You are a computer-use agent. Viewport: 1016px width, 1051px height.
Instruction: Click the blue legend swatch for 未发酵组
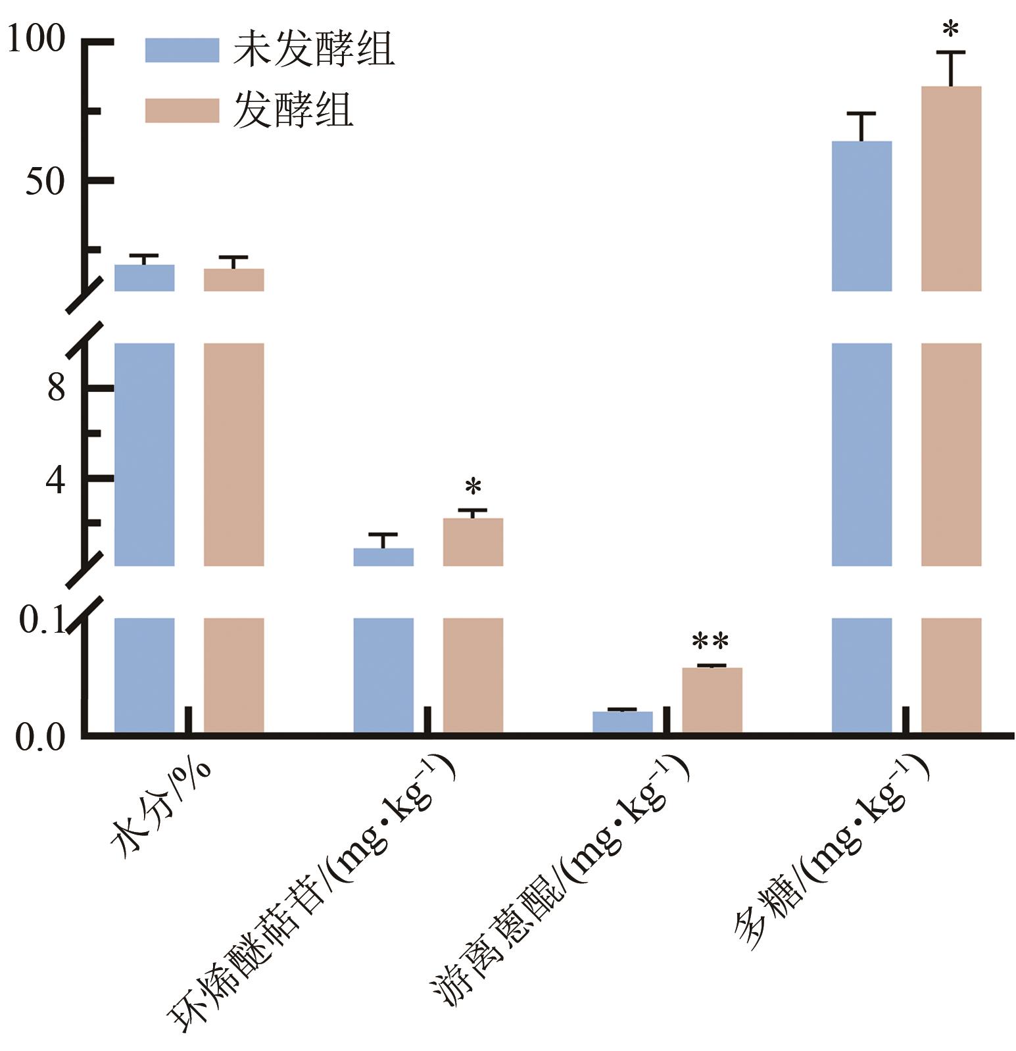[x=181, y=50]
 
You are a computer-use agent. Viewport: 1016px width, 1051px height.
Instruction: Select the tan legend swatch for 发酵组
[x=181, y=110]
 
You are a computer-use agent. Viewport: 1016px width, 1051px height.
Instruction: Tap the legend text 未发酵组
[x=314, y=50]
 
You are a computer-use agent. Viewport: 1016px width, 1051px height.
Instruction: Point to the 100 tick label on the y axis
[x=36, y=39]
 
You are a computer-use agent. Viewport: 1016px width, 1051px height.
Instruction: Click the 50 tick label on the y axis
[x=45, y=182]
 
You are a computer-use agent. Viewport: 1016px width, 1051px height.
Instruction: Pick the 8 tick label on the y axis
[x=56, y=387]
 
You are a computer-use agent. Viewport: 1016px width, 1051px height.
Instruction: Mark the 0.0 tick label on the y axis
[x=40, y=737]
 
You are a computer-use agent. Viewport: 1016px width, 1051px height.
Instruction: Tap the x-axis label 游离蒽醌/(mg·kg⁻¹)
[x=559, y=881]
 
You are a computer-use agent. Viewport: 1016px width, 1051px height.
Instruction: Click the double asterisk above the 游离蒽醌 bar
[x=711, y=641]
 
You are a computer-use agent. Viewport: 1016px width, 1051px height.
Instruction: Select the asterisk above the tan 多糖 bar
[x=950, y=30]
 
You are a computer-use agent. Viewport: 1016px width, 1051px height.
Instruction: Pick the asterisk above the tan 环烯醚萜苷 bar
[x=473, y=487]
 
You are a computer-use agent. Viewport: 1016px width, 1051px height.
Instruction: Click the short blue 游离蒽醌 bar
[x=622, y=721]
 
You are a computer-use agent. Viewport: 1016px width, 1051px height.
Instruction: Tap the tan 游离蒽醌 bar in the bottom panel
[x=712, y=700]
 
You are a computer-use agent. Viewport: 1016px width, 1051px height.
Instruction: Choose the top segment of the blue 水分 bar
[x=145, y=278]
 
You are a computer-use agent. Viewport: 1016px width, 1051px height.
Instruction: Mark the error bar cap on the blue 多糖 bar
[x=861, y=114]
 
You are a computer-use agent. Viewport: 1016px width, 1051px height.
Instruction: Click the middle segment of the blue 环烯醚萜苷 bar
[x=383, y=556]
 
